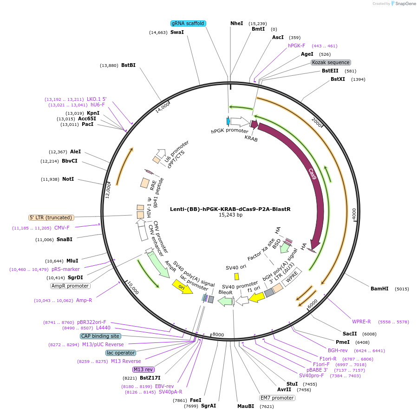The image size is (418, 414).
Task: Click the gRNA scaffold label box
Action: [188, 23]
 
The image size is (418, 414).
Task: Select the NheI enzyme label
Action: [236, 23]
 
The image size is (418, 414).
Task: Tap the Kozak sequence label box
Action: [331, 62]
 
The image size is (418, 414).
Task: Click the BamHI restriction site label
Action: [379, 289]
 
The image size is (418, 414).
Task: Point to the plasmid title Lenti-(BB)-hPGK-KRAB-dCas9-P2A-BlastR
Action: [230, 209]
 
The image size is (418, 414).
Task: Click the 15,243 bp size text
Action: [230, 215]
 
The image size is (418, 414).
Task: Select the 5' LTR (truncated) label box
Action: [51, 217]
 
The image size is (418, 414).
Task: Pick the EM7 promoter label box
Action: [277, 398]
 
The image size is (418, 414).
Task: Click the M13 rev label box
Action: [143, 369]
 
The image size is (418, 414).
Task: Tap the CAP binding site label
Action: [100, 336]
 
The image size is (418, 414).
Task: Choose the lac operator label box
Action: [121, 353]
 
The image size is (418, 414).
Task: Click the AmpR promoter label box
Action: [70, 286]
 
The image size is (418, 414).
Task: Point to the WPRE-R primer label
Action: [361, 322]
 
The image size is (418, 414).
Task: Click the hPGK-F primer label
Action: [296, 46]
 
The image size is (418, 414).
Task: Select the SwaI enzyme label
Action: [177, 33]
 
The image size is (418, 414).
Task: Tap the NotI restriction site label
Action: [68, 179]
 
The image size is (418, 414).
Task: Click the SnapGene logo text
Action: [404, 4]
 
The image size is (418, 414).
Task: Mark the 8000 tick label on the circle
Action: [218, 335]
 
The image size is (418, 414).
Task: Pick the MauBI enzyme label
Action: [246, 406]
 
